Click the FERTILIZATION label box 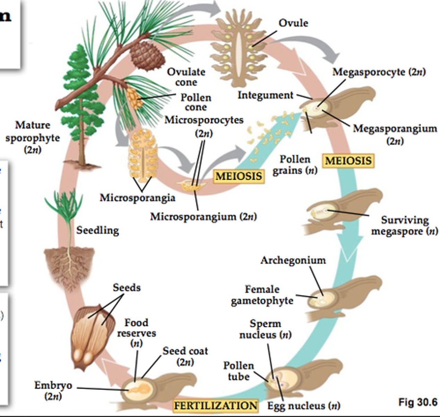(x=215, y=405)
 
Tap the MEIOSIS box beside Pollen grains (x=239, y=176)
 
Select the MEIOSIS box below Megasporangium (x=348, y=161)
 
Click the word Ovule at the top (x=293, y=23)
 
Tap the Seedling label (x=98, y=230)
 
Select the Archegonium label (x=293, y=260)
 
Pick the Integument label (x=265, y=95)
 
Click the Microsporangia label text (x=137, y=198)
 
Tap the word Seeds (x=127, y=287)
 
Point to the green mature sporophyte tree (x=81, y=101)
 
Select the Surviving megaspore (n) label (x=405, y=226)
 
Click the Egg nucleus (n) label (x=304, y=406)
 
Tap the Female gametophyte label (x=262, y=295)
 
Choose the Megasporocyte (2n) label (x=379, y=72)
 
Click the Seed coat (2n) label (x=185, y=356)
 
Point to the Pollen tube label (x=239, y=371)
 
